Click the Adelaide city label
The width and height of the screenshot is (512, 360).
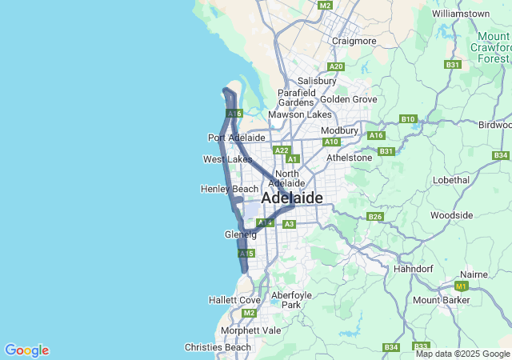(x=292, y=198)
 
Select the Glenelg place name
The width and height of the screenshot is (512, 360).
(x=241, y=234)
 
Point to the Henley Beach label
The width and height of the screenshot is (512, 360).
(x=230, y=189)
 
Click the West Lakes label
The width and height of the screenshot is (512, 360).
(x=227, y=159)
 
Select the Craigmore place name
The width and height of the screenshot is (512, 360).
(x=354, y=41)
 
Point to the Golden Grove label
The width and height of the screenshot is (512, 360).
(x=349, y=99)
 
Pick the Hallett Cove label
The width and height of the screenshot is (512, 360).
(x=234, y=299)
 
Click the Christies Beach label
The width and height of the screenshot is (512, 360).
(x=218, y=347)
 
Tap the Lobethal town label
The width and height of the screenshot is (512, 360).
(x=449, y=180)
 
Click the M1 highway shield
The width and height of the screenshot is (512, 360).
(x=461, y=286)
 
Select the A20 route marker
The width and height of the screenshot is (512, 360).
(x=336, y=66)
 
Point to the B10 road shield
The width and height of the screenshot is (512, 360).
(x=408, y=119)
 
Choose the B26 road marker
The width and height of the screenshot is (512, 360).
(x=375, y=217)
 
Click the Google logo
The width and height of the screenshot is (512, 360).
(x=26, y=350)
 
